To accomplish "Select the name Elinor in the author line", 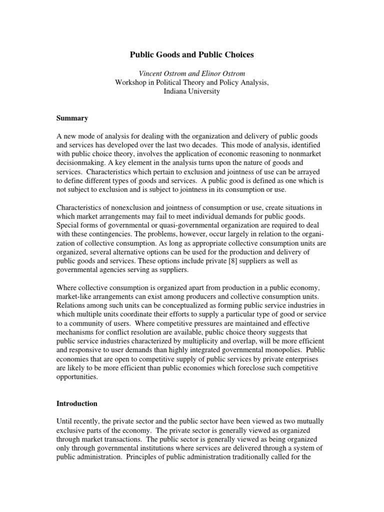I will click(x=212, y=73).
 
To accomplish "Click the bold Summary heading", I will click(x=72, y=118).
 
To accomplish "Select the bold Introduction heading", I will click(x=76, y=403).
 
